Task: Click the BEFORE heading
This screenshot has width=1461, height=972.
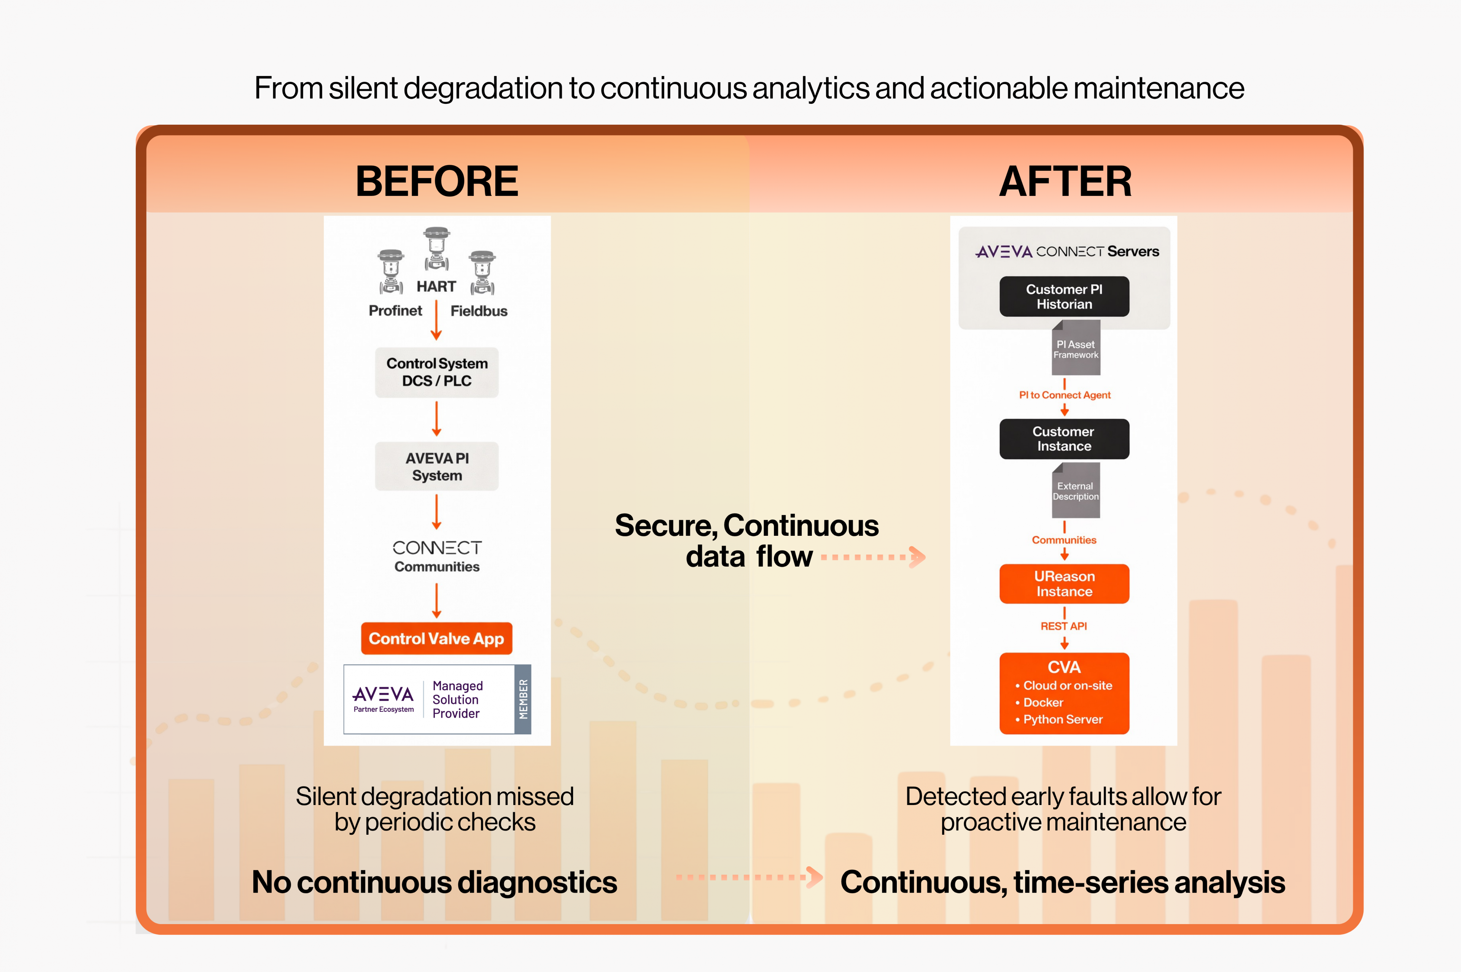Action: click(436, 182)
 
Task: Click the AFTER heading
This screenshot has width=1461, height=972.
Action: click(1065, 182)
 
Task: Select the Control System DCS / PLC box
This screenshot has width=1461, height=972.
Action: click(436, 372)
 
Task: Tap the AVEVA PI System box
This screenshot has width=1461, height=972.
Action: click(436, 466)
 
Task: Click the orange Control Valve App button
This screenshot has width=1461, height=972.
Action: click(436, 638)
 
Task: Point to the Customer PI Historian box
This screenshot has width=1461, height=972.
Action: click(1064, 296)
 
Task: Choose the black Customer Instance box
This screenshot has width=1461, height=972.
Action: click(1064, 439)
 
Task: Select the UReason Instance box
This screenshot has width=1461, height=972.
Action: click(1064, 583)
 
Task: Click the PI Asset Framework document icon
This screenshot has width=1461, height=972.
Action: click(1076, 348)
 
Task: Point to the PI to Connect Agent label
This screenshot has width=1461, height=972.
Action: click(1064, 395)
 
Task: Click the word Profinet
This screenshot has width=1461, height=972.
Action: click(395, 311)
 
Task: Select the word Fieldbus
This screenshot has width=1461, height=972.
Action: click(479, 311)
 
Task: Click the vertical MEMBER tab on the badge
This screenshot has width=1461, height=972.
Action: click(523, 699)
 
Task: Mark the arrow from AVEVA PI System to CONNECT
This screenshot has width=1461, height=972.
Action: click(436, 511)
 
